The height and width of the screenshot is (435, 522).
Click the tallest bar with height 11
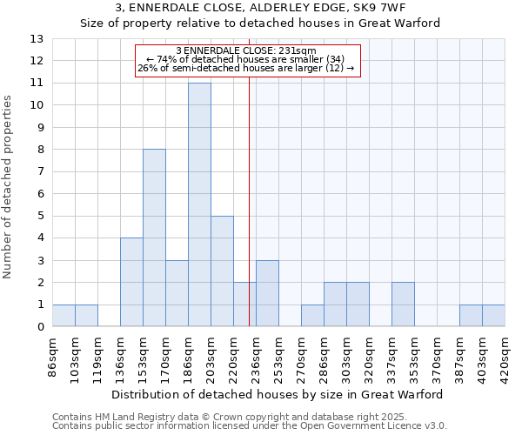point(199,204)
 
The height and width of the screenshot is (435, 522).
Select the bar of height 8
point(154,238)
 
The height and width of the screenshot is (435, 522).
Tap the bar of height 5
point(222,271)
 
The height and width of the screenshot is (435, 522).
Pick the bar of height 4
point(131,282)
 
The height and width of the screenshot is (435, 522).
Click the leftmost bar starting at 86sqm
point(64,316)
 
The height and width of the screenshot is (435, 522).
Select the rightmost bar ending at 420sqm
point(493,316)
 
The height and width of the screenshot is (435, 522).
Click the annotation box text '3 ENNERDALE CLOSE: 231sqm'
point(246,51)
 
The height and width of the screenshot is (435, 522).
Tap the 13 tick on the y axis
point(37,39)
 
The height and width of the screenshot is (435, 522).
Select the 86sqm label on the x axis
point(53,357)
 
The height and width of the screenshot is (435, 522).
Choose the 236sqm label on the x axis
point(257,357)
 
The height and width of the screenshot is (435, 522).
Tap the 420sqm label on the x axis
point(505,357)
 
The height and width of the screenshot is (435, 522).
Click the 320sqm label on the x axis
point(370,357)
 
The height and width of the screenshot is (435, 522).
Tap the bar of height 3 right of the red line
point(267,293)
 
